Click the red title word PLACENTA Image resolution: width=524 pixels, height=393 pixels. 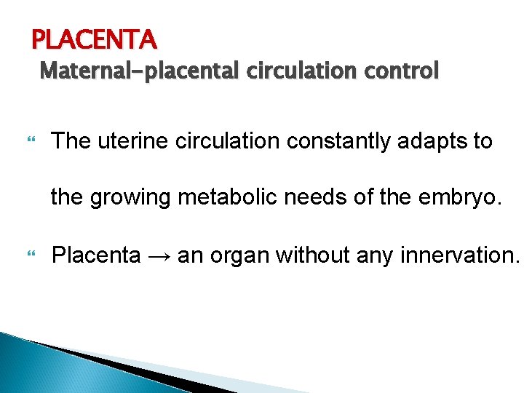[x=94, y=37]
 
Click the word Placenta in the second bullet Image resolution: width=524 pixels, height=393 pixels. [x=97, y=255]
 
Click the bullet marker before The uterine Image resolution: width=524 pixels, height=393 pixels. [x=30, y=140]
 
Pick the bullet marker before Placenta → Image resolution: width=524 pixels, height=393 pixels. [x=30, y=255]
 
